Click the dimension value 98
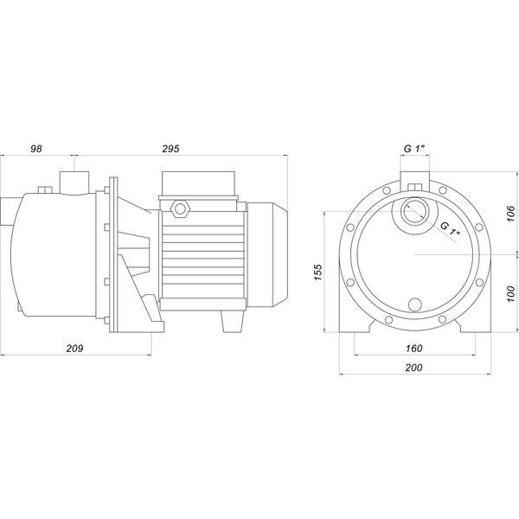click(x=36, y=149)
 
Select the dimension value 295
click(x=170, y=149)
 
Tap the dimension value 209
click(x=74, y=349)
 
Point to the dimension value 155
click(x=317, y=272)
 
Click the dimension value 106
click(x=510, y=214)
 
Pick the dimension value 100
click(x=510, y=294)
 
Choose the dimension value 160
click(x=414, y=349)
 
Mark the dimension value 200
click(x=414, y=368)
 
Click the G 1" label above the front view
click(x=414, y=149)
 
